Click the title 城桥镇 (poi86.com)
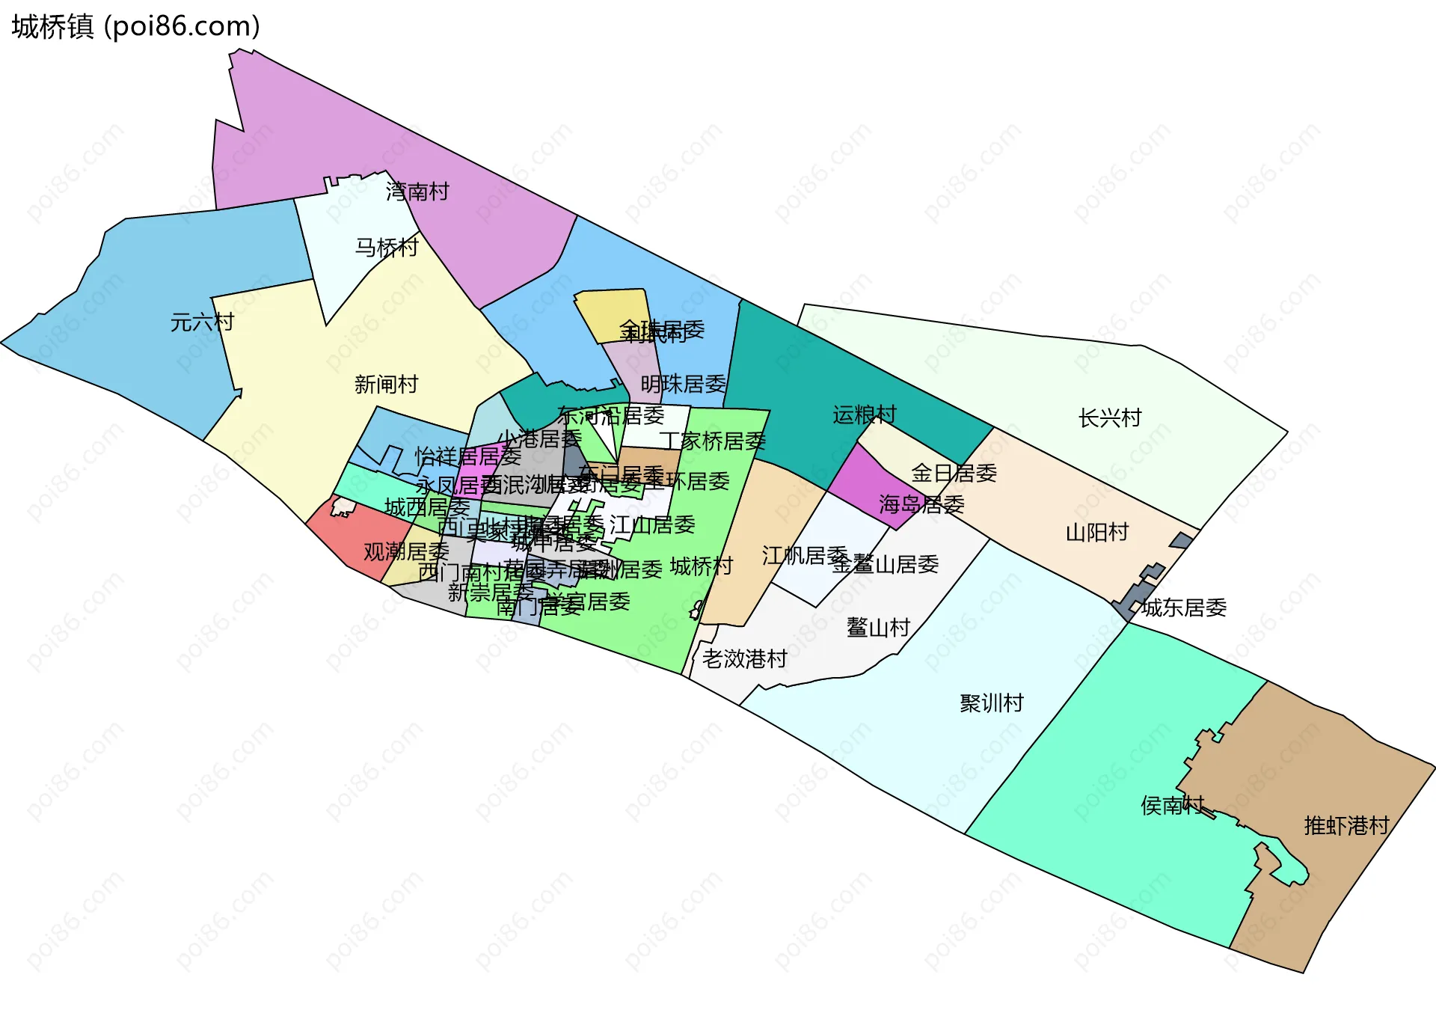tap(135, 26)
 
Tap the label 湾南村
tap(417, 192)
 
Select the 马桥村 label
tap(386, 247)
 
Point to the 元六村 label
tap(202, 322)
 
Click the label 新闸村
tap(386, 385)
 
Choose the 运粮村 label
tap(865, 414)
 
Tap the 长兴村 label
tap(1110, 418)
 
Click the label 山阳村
tap(1097, 533)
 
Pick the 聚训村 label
tap(992, 703)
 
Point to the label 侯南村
tap(1173, 805)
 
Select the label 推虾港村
tap(1346, 826)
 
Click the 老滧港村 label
tap(744, 659)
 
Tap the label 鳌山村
tap(878, 627)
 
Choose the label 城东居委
tap(1184, 608)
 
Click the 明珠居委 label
tap(683, 385)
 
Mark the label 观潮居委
tap(406, 552)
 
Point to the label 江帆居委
tap(805, 555)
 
